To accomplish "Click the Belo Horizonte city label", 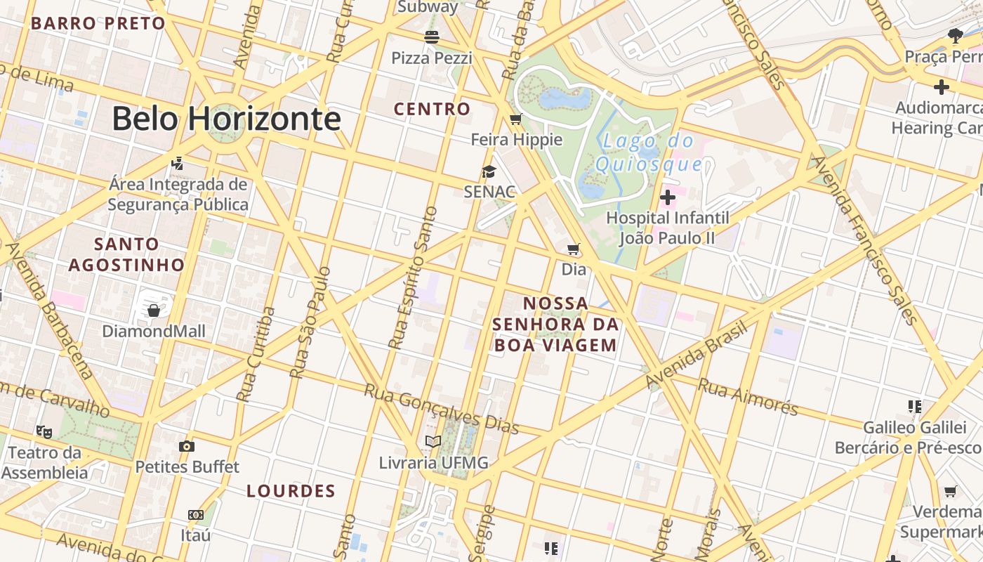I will pyautogui.click(x=226, y=118).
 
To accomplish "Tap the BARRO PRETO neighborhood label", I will pyautogui.click(x=98, y=23).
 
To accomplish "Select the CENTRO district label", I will pyautogui.click(x=432, y=109).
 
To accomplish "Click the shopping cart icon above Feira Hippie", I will pyautogui.click(x=516, y=119).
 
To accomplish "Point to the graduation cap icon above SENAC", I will pyautogui.click(x=489, y=171).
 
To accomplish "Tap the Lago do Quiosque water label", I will pyautogui.click(x=648, y=152).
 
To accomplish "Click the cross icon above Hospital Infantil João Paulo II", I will pyautogui.click(x=667, y=197).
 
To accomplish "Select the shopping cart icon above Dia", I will pyautogui.click(x=574, y=249).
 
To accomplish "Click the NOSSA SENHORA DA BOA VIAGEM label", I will pyautogui.click(x=555, y=324).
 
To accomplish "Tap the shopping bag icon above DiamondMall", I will pyautogui.click(x=154, y=310).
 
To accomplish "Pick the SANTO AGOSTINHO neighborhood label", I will pyautogui.click(x=126, y=254).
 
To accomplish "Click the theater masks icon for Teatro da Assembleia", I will pyautogui.click(x=44, y=431).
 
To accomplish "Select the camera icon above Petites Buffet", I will pyautogui.click(x=187, y=446).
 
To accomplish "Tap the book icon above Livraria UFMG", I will pyautogui.click(x=433, y=442).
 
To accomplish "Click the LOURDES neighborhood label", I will pyautogui.click(x=291, y=491).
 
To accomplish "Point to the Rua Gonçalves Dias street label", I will pyautogui.click(x=441, y=409).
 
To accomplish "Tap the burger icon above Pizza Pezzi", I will pyautogui.click(x=431, y=37).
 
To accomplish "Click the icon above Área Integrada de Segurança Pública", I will pyautogui.click(x=178, y=164).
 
